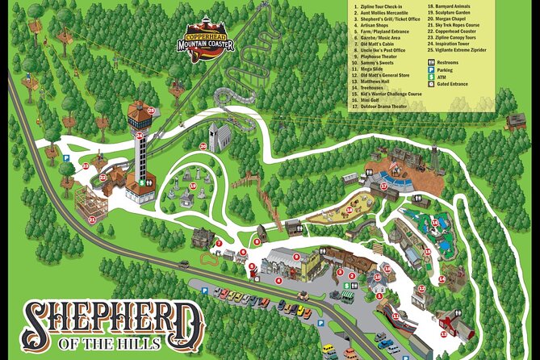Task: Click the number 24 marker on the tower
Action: click(x=139, y=136)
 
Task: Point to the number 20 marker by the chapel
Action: click(x=203, y=146)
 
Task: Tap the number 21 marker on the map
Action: click(x=92, y=219)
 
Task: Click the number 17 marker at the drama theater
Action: click(x=384, y=186)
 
